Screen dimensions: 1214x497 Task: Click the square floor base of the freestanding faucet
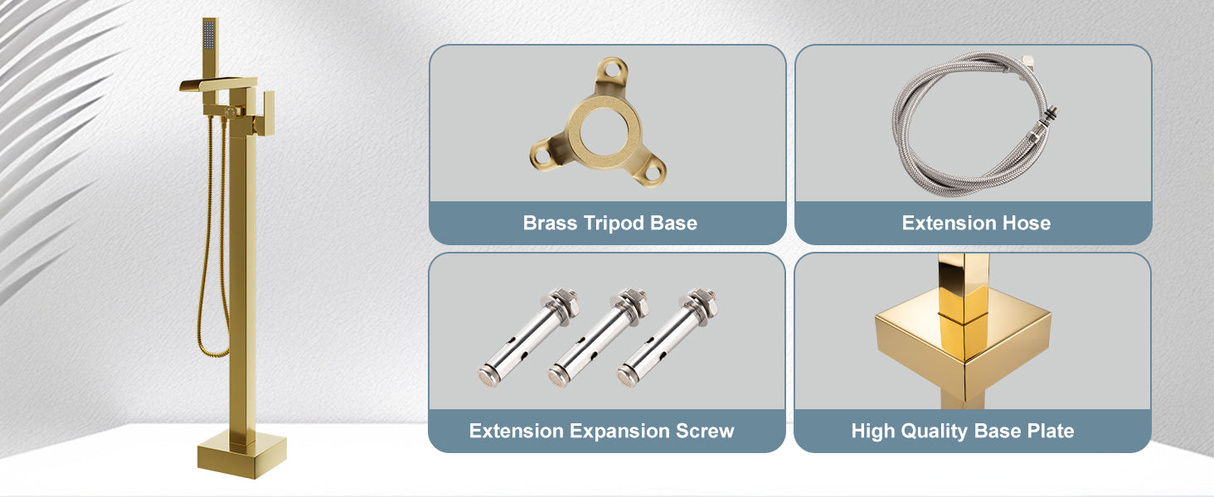pyautogui.click(x=241, y=454)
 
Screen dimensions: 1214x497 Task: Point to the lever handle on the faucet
pyautogui.click(x=269, y=111)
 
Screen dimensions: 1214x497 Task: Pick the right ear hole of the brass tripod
pyautogui.click(x=654, y=172)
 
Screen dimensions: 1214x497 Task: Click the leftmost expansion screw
pyautogui.click(x=528, y=338)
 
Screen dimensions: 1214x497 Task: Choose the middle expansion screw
pyautogui.click(x=598, y=338)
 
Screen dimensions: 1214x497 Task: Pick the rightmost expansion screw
pyautogui.click(x=667, y=338)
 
